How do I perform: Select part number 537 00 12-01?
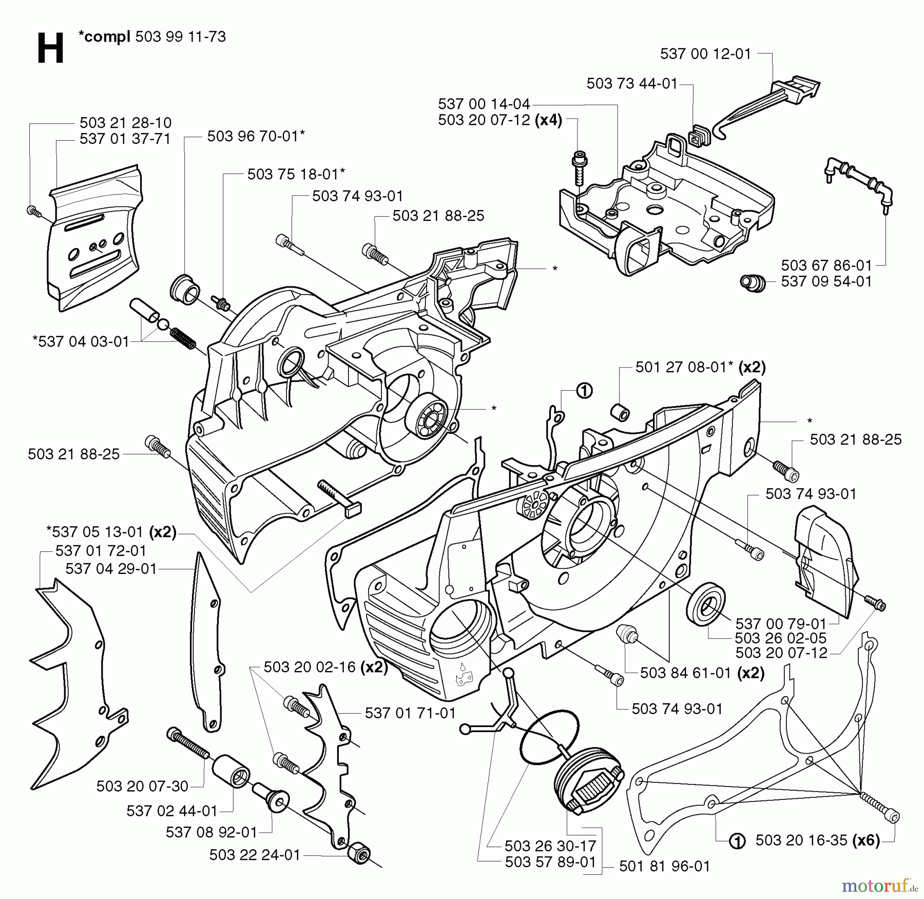click(x=705, y=54)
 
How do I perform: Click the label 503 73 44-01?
click(x=632, y=84)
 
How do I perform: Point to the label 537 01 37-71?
click(x=125, y=139)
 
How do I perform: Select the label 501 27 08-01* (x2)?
click(x=700, y=367)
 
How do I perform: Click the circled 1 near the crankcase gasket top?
click(x=584, y=391)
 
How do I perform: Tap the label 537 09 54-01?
click(x=826, y=281)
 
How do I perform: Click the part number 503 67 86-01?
click(x=826, y=265)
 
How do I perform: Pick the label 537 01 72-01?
click(x=101, y=551)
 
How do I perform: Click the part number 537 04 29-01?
click(x=111, y=568)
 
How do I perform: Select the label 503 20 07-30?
click(x=142, y=786)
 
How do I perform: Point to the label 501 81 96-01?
click(x=664, y=867)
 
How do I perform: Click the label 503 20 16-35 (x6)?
click(x=817, y=840)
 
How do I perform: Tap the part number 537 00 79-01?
click(x=780, y=624)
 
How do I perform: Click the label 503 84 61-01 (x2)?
click(x=702, y=673)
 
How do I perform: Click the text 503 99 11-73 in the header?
click(x=180, y=37)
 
